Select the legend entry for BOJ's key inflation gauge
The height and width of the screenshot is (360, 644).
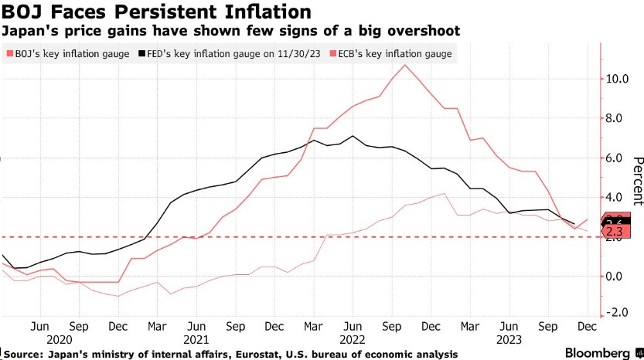click(67, 54)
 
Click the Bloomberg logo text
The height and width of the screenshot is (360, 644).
click(595, 352)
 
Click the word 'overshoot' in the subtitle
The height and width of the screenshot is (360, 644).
click(431, 31)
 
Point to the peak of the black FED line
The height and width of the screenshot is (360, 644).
click(353, 136)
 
